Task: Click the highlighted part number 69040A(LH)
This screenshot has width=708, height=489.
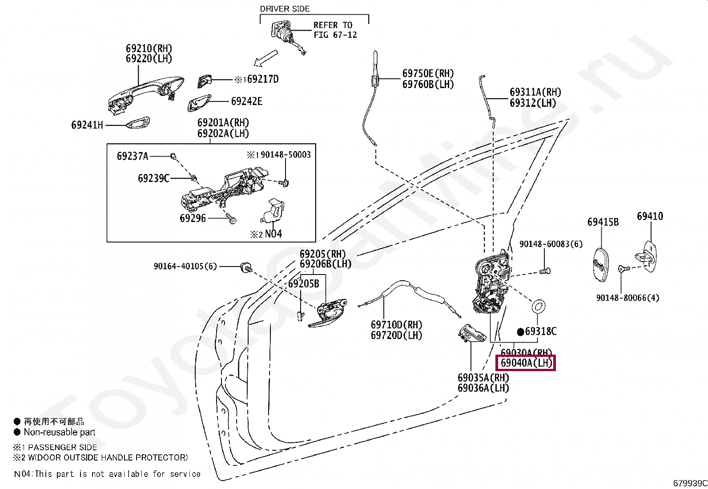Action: [526, 363]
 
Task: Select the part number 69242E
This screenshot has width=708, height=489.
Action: [246, 101]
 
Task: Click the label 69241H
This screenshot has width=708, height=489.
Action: [87, 125]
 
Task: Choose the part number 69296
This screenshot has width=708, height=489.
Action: [193, 218]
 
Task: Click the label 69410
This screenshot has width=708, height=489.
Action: [650, 216]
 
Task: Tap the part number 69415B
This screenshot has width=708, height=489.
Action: [603, 222]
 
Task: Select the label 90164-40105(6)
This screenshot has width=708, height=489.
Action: [185, 266]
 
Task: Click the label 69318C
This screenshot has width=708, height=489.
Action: [540, 331]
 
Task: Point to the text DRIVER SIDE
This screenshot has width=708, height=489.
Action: [285, 8]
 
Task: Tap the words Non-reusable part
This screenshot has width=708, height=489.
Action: [60, 432]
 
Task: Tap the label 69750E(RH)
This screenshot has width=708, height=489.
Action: [428, 73]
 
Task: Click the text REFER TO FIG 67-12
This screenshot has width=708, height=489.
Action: [335, 30]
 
